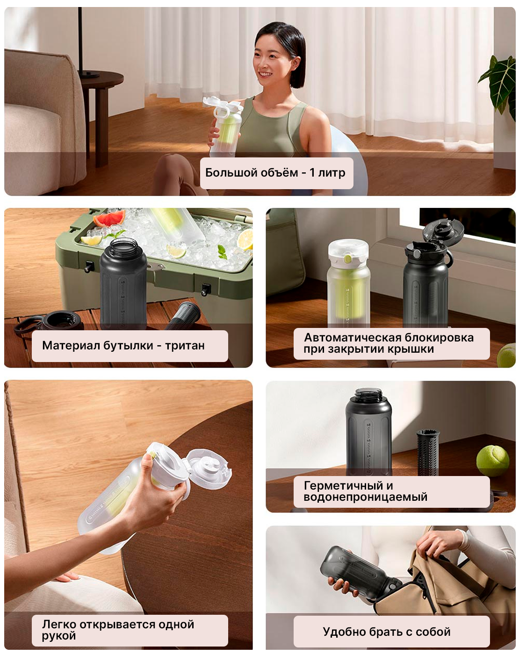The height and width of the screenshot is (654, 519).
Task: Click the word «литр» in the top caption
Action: (x=332, y=173)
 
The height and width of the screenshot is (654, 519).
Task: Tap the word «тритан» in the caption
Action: (x=185, y=346)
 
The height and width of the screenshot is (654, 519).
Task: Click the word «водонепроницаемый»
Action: (x=365, y=497)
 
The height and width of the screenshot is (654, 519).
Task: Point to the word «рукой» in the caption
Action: (x=59, y=635)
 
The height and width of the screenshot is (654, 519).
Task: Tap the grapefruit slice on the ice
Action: (x=109, y=218)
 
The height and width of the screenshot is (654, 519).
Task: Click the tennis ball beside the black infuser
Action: (x=492, y=460)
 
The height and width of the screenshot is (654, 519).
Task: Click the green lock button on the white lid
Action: (x=347, y=259)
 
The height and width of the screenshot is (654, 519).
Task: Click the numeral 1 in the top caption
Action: (x=312, y=173)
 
